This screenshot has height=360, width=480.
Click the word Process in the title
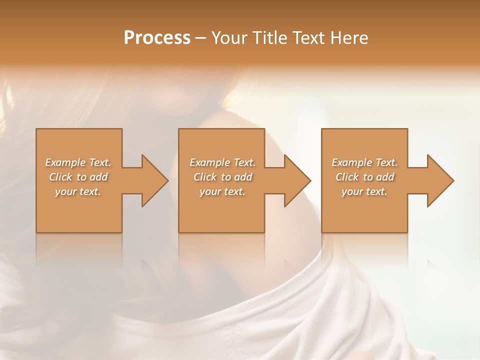tap(157, 38)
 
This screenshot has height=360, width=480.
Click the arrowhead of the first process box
tap(155, 180)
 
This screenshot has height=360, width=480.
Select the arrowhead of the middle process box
tap(297, 180)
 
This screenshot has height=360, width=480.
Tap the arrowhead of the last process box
tap(440, 180)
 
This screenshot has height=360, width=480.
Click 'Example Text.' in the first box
tap(78, 162)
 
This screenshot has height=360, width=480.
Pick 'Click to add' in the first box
tap(78, 177)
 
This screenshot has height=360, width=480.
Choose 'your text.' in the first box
tap(78, 191)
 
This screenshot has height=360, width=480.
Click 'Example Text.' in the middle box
tap(222, 162)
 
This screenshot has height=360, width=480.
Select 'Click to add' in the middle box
tap(222, 177)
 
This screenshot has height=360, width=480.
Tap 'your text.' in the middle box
tap(222, 191)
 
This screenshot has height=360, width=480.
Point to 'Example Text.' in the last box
tap(364, 162)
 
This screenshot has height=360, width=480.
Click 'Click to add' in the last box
tap(364, 177)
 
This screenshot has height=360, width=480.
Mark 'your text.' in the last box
tap(364, 191)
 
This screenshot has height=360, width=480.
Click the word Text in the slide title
tap(308, 38)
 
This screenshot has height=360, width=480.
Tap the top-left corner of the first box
tap(37, 129)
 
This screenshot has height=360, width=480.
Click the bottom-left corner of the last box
tap(322, 231)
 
